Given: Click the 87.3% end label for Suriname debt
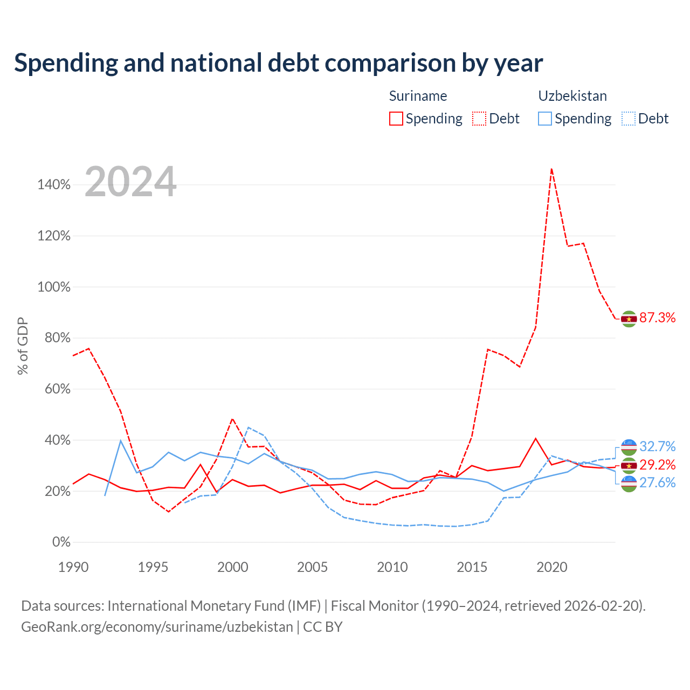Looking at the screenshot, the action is click(x=657, y=318).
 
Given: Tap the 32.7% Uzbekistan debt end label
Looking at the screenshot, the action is click(x=657, y=446).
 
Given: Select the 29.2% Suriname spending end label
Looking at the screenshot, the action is click(x=657, y=465).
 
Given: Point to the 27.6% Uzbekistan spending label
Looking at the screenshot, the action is click(x=657, y=482).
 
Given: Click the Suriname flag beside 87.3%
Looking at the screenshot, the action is click(x=629, y=319).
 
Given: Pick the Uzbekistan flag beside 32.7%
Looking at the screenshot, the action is click(x=629, y=447).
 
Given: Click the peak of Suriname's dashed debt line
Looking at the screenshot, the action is click(x=551, y=169).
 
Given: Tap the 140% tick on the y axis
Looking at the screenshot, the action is click(x=54, y=185).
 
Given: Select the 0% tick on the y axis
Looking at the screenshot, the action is click(x=61, y=542).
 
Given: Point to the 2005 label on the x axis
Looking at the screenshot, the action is click(x=312, y=567).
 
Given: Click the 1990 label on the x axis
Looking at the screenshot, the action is click(x=73, y=567).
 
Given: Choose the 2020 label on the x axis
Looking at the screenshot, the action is click(x=552, y=567).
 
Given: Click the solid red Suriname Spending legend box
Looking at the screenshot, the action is click(x=396, y=119).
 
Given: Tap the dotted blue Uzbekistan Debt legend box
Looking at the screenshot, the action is click(x=629, y=119).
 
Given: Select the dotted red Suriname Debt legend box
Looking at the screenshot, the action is click(x=479, y=119).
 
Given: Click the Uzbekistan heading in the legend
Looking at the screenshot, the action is click(x=572, y=96).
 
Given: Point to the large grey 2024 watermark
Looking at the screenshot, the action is click(x=130, y=182).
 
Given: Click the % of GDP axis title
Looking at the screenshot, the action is click(x=23, y=346).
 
